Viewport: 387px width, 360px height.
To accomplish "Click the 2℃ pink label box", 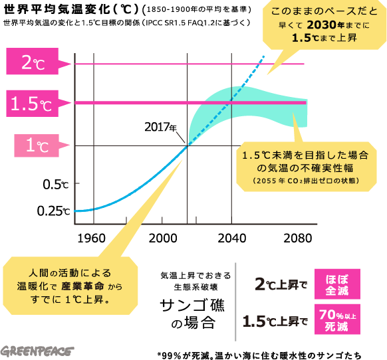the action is [x=33, y=61].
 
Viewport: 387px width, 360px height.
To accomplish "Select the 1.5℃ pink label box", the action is [x=33, y=104].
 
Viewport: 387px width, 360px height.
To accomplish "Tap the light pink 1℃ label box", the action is [x=37, y=145].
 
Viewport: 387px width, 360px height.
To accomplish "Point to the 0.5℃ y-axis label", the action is [x=56, y=185].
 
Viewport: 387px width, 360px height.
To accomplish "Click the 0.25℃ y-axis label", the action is [x=54, y=211].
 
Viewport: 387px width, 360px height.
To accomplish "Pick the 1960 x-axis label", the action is [x=91, y=238].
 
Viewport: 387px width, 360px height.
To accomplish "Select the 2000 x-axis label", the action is [x=163, y=238].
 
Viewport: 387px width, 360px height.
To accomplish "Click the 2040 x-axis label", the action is [x=232, y=238].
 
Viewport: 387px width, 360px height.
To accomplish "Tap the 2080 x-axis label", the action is [x=298, y=238].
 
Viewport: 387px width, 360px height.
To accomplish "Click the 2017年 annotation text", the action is [x=161, y=127].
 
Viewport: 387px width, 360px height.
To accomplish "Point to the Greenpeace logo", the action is [x=37, y=351].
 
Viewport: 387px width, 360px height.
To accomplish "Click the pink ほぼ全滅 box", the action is [x=337, y=284].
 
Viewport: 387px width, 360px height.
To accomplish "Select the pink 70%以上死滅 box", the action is [x=337, y=319].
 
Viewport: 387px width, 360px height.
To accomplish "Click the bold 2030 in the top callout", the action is [x=322, y=25].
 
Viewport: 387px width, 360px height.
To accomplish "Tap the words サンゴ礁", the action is [x=192, y=305].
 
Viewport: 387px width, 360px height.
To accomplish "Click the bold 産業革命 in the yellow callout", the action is [x=83, y=286].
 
